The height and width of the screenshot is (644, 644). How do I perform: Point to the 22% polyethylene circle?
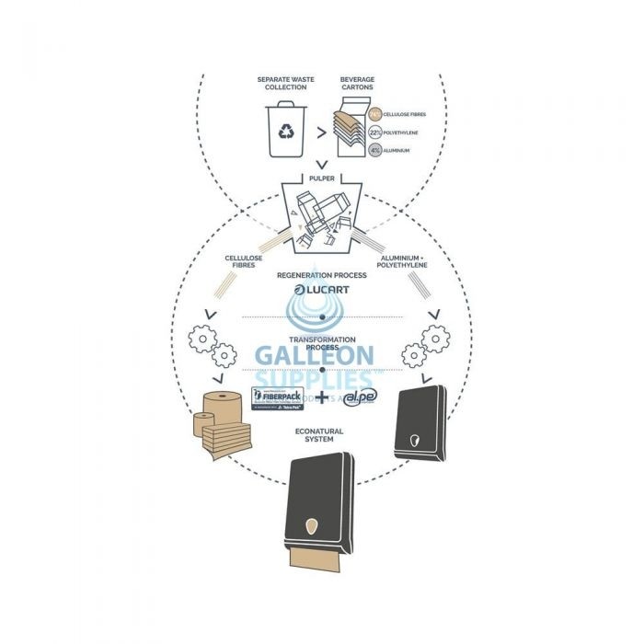[x=374, y=132]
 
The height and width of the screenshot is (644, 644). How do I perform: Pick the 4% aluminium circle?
[x=374, y=149]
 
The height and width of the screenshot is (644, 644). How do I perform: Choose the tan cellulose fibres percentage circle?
[x=374, y=114]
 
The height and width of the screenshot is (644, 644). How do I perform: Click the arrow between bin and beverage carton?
[x=320, y=132]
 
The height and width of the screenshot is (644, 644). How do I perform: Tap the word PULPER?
[x=322, y=178]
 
